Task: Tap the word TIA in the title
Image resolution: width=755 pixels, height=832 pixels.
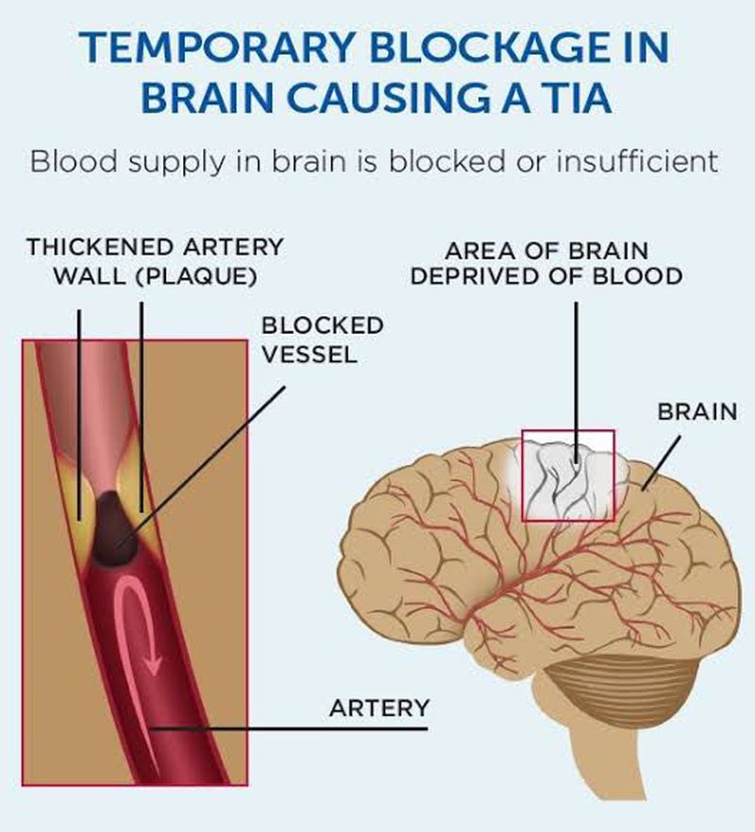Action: pos(573,99)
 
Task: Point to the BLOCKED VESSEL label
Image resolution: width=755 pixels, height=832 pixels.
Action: pos(323,340)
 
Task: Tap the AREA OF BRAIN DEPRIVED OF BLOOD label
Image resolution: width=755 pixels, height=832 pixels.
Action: pos(546,264)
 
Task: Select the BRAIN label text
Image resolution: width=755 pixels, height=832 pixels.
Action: pos(697,412)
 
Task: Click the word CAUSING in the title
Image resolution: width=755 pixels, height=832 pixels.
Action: pos(429,99)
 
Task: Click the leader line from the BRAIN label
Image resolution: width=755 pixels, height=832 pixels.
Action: pos(657,462)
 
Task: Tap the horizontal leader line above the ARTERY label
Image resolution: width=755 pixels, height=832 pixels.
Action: pos(293,728)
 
